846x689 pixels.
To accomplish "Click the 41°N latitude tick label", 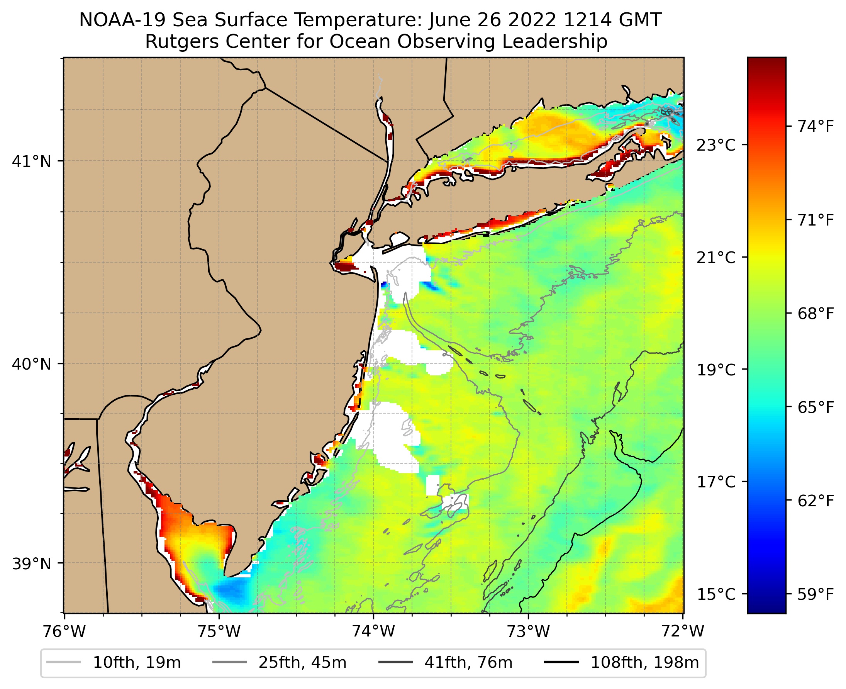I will pyautogui.click(x=32, y=161).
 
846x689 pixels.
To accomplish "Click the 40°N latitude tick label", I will pyautogui.click(x=32, y=364).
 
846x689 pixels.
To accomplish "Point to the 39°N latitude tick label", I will pyautogui.click(x=32, y=563).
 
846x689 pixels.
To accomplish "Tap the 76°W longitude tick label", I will pyautogui.click(x=64, y=631).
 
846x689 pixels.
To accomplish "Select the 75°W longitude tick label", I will pyautogui.click(x=219, y=631).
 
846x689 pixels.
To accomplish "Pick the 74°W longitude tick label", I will pyautogui.click(x=374, y=631).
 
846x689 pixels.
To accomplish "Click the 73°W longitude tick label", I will pyautogui.click(x=529, y=631).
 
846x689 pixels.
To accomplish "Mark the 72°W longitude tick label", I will pyautogui.click(x=683, y=631).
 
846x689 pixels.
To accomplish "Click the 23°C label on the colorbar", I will pyautogui.click(x=716, y=145).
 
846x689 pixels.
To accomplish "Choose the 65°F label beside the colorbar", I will pyautogui.click(x=816, y=407).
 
